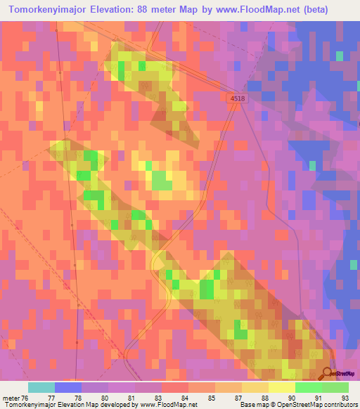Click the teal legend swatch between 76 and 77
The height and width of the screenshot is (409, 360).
[41, 387]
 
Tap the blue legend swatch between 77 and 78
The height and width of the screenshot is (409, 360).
[68, 387]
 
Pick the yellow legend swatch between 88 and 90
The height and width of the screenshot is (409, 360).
[282, 387]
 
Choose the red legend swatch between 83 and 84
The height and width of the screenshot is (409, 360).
[175, 387]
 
